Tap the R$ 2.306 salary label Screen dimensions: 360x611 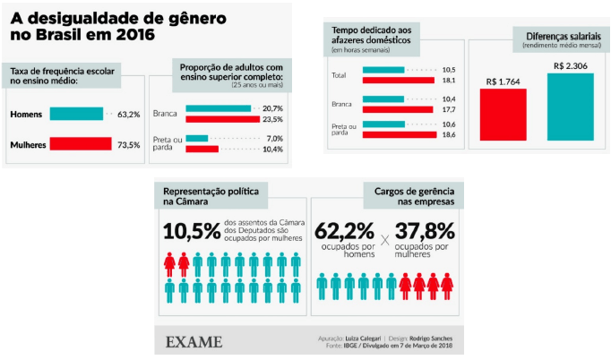(571, 65)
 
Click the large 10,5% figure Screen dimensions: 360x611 (193, 230)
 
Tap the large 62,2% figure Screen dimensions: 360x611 (345, 232)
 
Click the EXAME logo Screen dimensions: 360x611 (194, 341)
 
